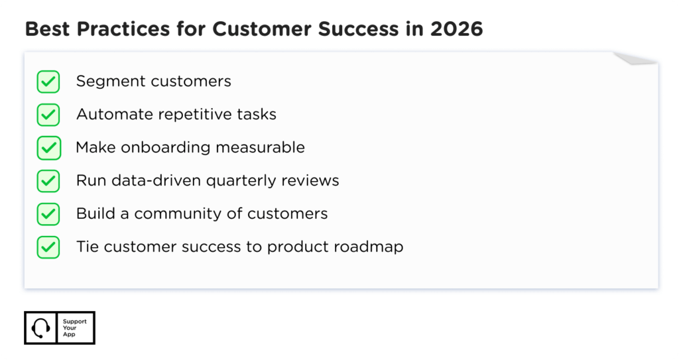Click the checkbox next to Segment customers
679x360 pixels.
pos(48,82)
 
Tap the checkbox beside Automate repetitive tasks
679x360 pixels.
pos(48,115)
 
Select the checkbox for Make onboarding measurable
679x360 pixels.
pos(48,147)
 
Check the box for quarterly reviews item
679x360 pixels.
pos(48,180)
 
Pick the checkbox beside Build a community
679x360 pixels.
pos(48,213)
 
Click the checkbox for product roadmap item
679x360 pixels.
pos(48,247)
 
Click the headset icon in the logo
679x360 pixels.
pos(41,328)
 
